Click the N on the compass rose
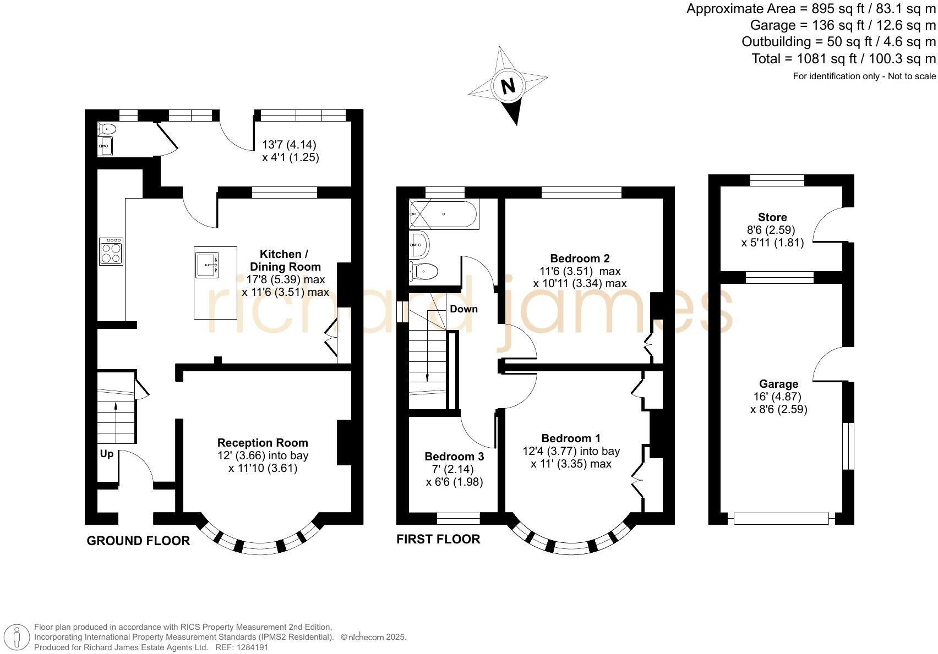508,86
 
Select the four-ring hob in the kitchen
112,252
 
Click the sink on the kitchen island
208,265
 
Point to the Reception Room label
263,443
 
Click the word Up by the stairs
106,454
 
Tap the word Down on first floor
463,309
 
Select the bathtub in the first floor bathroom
444,214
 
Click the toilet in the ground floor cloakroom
107,129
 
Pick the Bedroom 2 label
580,259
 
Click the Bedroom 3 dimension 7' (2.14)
449,469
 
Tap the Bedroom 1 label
571,438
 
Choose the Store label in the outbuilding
772,217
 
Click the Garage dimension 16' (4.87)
777,397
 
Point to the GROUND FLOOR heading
138,541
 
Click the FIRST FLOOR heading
438,539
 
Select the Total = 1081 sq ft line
843,58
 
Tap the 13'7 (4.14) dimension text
289,145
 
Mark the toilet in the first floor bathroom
425,271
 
